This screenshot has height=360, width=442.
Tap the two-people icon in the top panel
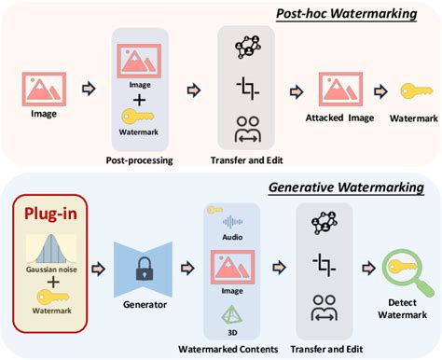pyautogui.click(x=246, y=128)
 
